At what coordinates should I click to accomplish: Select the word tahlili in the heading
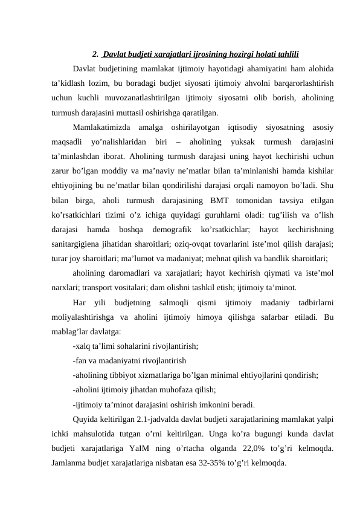(x=286, y=53)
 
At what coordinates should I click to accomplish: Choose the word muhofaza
(x=175, y=390)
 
